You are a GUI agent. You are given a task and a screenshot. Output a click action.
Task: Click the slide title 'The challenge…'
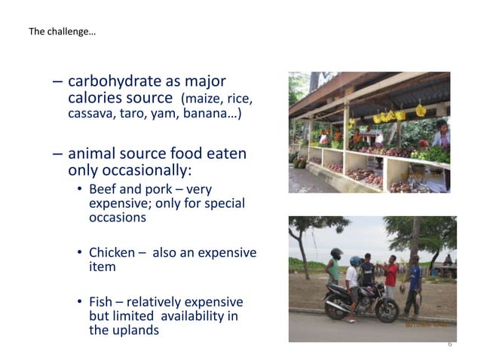tap(62, 32)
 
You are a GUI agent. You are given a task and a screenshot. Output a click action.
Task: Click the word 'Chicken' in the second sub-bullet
tap(112, 252)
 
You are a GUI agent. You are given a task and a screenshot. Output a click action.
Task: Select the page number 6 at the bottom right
tap(449, 343)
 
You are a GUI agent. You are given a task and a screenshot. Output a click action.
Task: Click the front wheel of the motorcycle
tap(388, 309)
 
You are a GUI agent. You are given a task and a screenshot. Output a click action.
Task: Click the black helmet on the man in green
tap(336, 254)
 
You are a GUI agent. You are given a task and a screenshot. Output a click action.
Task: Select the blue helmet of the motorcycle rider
tap(355, 261)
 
